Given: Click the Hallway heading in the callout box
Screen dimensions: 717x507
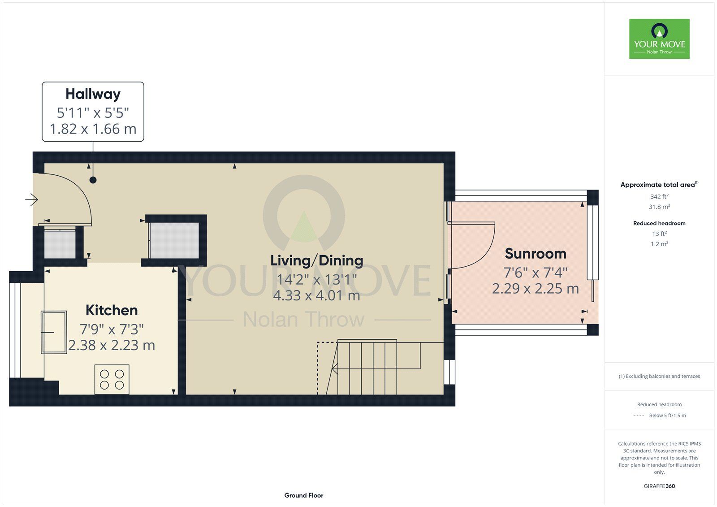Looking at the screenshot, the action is (93, 95).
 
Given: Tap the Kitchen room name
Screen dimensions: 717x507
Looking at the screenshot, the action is (112, 310).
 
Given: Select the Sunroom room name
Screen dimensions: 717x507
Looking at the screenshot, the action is (536, 254).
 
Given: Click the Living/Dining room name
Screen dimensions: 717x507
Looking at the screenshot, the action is (316, 260).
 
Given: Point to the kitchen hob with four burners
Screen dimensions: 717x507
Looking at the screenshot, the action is (112, 379).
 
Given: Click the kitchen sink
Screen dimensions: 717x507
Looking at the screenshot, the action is (54, 332).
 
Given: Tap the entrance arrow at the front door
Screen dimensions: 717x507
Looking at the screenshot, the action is (32, 199).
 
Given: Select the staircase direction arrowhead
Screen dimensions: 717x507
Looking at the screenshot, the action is (335, 368).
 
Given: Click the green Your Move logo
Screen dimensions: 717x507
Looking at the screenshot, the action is (659, 39).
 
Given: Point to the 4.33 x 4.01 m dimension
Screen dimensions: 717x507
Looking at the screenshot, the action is (316, 295).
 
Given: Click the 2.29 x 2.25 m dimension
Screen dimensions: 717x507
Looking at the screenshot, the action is (536, 289).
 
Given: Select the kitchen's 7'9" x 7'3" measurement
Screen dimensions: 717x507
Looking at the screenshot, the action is (112, 329).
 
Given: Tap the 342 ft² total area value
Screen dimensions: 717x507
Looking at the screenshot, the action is (659, 196).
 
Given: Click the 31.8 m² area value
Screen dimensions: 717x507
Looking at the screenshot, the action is (659, 207).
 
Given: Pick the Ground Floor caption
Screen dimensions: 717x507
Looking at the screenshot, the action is (304, 495).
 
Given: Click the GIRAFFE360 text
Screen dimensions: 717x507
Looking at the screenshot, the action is (659, 486).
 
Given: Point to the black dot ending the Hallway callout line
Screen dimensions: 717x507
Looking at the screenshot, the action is (93, 180).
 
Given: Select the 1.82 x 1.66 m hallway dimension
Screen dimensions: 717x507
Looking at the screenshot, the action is (93, 129).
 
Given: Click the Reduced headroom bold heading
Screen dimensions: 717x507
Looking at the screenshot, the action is (659, 223).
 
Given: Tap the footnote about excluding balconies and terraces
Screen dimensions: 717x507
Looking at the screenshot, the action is (659, 376).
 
